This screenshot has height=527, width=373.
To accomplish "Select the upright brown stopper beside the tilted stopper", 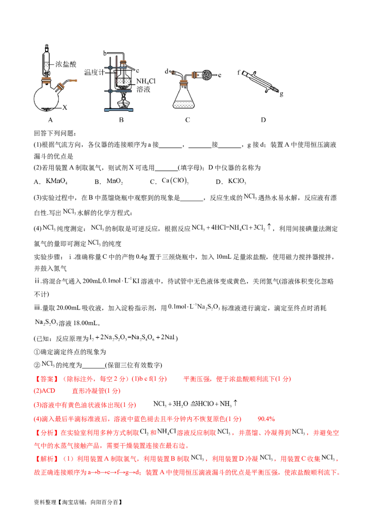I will tap(46, 80).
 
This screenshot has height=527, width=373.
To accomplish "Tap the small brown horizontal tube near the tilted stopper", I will tap(74, 81).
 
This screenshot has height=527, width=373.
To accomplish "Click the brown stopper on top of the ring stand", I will tap(123, 61).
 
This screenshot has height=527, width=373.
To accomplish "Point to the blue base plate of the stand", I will tap(119, 110).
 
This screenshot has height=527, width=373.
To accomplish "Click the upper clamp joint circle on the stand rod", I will tap(111, 68).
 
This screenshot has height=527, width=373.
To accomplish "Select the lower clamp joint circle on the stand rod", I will tap(111, 91).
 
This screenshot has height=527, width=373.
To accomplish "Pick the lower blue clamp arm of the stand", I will tap(122, 91).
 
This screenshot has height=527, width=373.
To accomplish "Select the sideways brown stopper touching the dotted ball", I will tap(196, 75).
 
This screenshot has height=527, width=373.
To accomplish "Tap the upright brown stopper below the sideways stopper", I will tap(185, 82).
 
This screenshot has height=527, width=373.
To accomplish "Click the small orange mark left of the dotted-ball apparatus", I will tap(173, 71).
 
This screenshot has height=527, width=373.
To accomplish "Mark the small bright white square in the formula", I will tap(113, 277).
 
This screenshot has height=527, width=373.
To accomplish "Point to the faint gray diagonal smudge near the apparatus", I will tap(261, 81).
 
